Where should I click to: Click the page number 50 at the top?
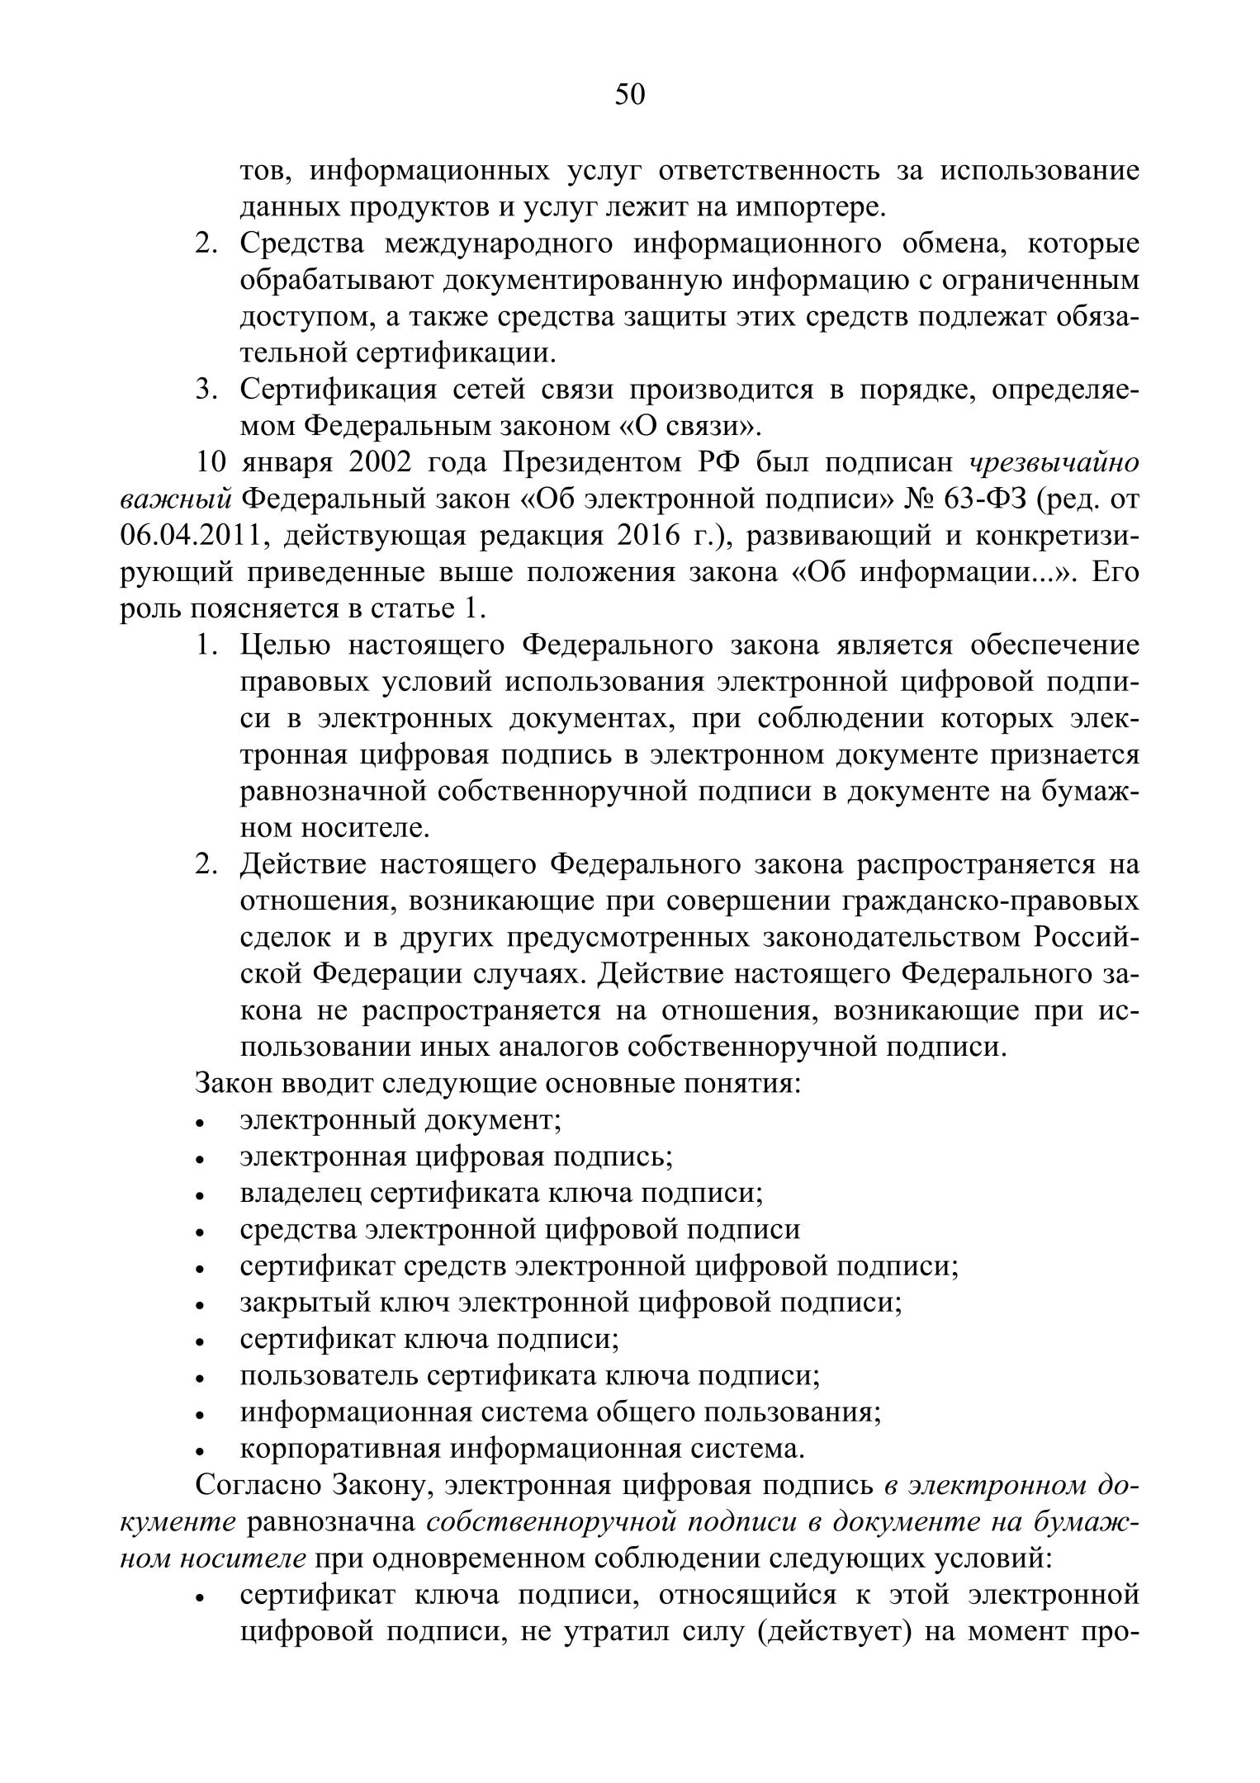click(x=629, y=95)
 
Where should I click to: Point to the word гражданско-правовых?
click(x=990, y=901)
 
